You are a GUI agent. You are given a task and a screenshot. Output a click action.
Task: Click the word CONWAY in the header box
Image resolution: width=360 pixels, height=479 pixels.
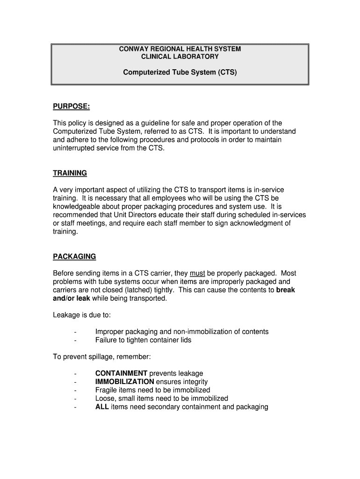[x=134, y=49]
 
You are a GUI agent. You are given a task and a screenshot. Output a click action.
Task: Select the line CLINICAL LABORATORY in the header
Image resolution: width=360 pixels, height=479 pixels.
[x=180, y=57]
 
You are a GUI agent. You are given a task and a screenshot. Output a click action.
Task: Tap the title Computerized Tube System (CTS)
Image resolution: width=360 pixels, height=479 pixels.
[x=180, y=73]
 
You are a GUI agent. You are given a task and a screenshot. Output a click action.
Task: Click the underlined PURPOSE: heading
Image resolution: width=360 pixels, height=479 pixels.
[x=71, y=107]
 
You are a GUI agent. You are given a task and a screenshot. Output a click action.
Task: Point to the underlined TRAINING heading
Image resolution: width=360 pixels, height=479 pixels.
[x=70, y=173]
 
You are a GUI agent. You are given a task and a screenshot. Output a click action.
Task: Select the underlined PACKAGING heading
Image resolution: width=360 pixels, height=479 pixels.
[x=74, y=256]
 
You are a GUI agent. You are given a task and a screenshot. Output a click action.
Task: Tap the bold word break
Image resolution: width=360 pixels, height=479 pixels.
[x=286, y=290]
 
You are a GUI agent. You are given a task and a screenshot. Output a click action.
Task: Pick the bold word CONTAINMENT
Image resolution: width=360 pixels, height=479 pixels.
[x=121, y=373]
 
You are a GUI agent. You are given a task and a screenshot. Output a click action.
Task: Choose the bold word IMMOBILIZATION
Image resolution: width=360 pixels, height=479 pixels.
[x=124, y=382]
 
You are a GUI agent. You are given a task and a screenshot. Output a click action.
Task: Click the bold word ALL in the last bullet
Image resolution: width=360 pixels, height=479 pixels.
[x=102, y=407]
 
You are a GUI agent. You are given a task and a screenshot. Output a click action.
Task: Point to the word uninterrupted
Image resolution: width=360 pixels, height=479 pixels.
[x=76, y=148]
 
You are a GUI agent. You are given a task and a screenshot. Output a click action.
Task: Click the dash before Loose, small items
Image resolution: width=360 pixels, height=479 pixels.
[x=75, y=399]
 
